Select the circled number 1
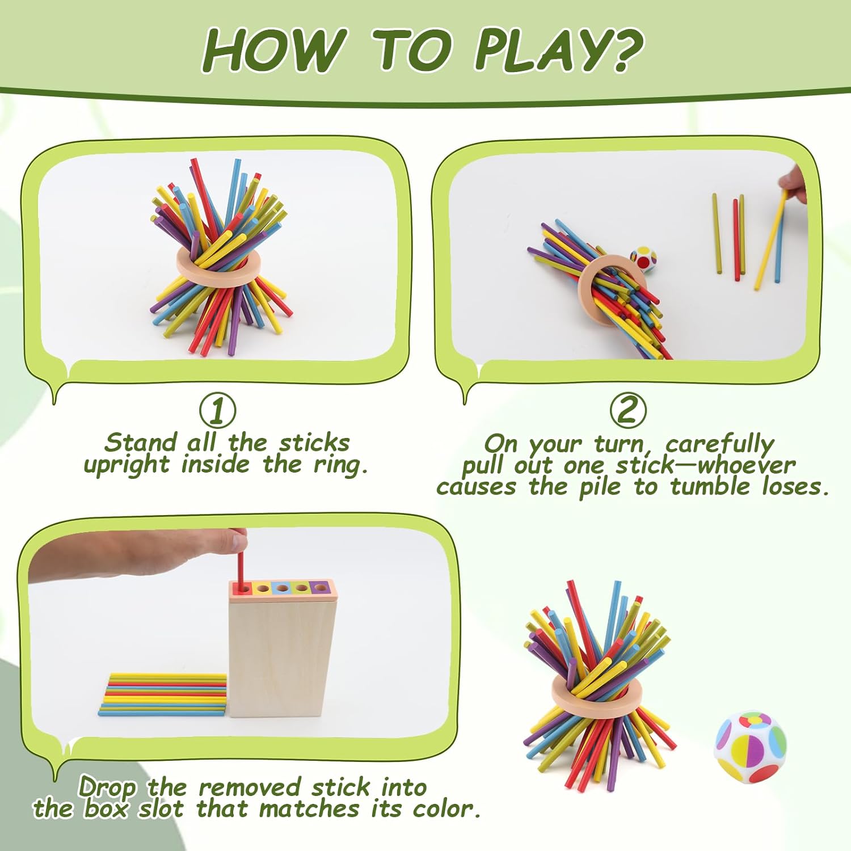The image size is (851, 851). click(217, 410)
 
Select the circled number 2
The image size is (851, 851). click(627, 410)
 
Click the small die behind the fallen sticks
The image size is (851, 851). click(642, 259)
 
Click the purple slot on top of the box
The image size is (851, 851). click(320, 588)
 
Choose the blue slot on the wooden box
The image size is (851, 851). click(282, 588)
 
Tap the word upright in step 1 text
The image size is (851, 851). click(126, 465)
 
